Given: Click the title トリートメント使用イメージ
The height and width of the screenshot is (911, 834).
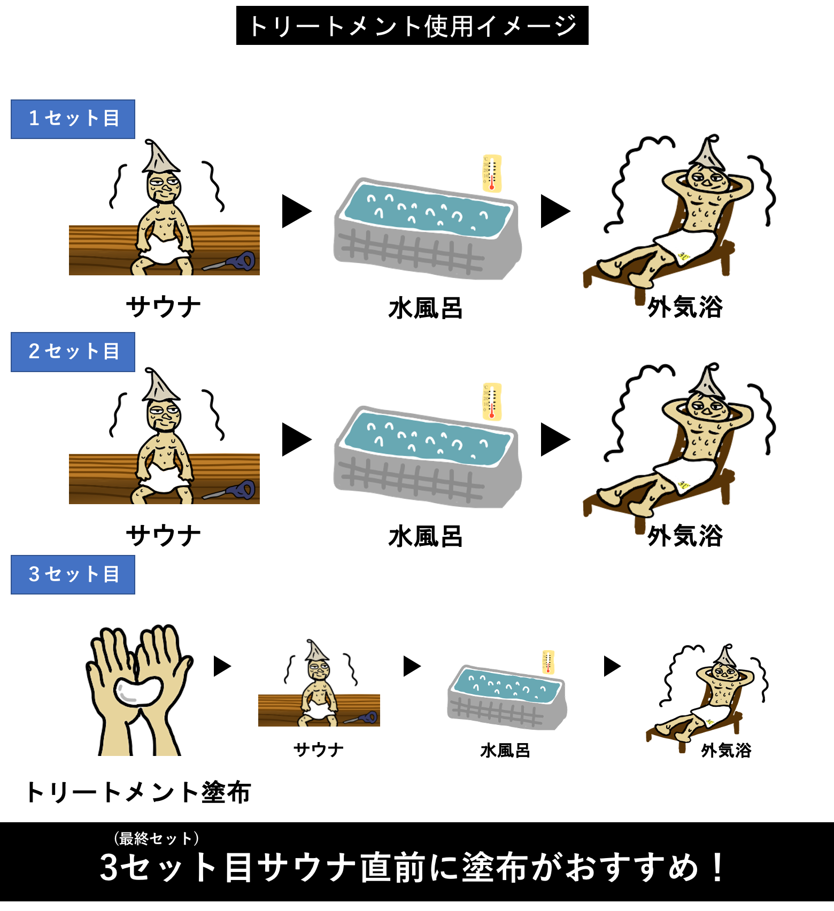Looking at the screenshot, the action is pyautogui.click(x=412, y=26).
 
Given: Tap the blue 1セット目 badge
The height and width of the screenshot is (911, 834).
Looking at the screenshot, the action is pyautogui.click(x=73, y=119).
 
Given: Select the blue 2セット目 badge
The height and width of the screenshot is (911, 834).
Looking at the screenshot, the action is pyautogui.click(x=73, y=352).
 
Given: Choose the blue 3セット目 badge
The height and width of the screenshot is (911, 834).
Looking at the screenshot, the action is pyautogui.click(x=73, y=575).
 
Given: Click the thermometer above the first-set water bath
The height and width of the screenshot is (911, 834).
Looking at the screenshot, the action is pyautogui.click(x=492, y=173).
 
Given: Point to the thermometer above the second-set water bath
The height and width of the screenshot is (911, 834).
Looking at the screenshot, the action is pyautogui.click(x=492, y=402).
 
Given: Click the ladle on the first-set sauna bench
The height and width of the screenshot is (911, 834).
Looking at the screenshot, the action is pyautogui.click(x=230, y=262).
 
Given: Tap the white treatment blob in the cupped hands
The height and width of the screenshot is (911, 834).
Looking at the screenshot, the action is pyautogui.click(x=138, y=692).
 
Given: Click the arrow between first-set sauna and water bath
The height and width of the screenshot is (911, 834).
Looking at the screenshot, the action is pyautogui.click(x=297, y=211).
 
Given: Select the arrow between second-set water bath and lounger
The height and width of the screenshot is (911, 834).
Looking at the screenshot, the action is pyautogui.click(x=555, y=439).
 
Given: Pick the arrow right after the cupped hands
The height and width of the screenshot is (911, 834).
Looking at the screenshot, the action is pyautogui.click(x=222, y=666).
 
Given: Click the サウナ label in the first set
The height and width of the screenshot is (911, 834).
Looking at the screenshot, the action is pyautogui.click(x=164, y=307).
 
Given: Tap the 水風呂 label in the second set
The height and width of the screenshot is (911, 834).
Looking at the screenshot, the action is pyautogui.click(x=426, y=536).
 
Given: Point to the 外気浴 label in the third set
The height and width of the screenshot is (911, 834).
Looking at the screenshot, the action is pyautogui.click(x=726, y=750).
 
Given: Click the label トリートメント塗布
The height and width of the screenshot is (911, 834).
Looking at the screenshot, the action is pyautogui.click(x=138, y=792).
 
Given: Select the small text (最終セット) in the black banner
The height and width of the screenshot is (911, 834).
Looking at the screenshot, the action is pyautogui.click(x=157, y=838).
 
